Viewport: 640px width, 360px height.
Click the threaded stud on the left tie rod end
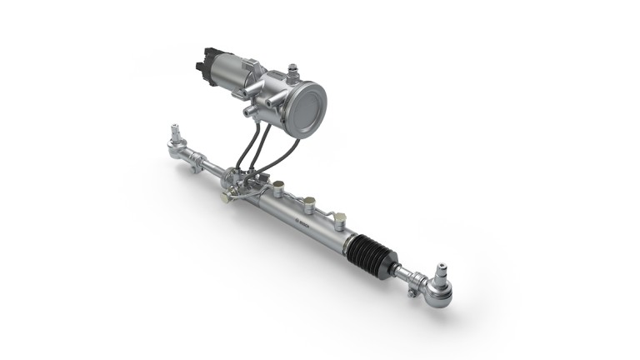tap(175, 132)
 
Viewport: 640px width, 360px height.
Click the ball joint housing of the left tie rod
tap(177, 150)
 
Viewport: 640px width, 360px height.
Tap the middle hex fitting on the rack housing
tap(310, 201)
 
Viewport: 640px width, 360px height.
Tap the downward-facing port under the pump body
tap(247, 111)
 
